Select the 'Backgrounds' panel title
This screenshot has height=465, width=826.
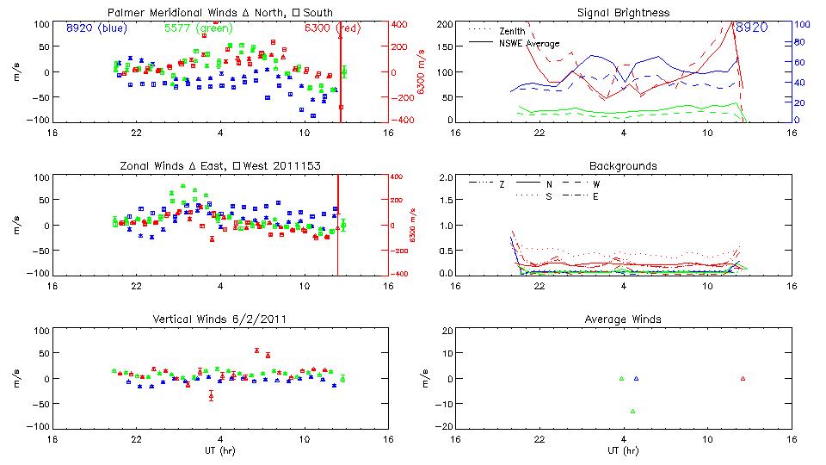624,165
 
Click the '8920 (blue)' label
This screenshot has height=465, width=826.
96,28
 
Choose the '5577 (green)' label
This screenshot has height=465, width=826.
193,28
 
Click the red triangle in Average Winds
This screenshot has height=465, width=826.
743,378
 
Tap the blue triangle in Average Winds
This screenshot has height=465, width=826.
636,378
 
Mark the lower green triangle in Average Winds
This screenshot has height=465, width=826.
632,411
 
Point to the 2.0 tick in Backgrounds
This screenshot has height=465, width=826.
447,177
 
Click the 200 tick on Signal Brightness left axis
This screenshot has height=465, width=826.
445,24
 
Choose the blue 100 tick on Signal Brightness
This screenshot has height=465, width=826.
800,24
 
